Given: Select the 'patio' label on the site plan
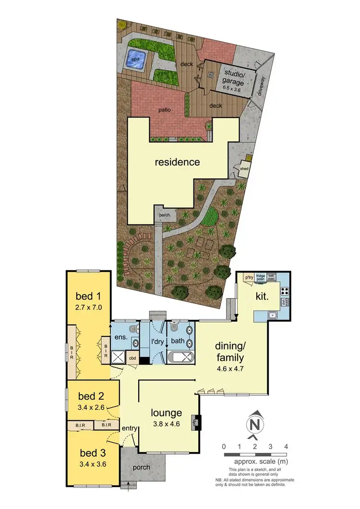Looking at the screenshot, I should click(x=165, y=110).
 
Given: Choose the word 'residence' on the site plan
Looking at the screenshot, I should click(x=177, y=162).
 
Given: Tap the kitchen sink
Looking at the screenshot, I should click(x=272, y=315).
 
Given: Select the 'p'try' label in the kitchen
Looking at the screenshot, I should click(x=249, y=278).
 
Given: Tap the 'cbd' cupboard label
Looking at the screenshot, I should click(x=132, y=358).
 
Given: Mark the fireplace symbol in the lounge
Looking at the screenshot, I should click(x=195, y=422).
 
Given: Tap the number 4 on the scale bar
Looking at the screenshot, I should click(x=287, y=447).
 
